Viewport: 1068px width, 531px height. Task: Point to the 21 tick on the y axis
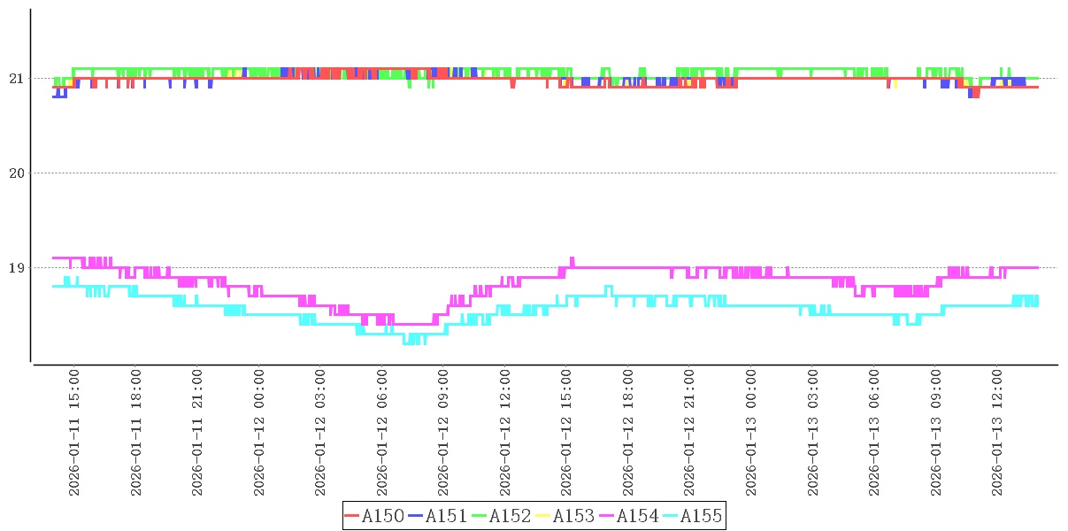point(15,79)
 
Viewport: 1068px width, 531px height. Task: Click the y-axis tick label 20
point(15,173)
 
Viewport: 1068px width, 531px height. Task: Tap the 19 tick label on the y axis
point(15,268)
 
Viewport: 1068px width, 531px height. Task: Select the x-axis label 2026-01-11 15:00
point(74,433)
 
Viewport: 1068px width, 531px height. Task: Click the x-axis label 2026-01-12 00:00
point(259,433)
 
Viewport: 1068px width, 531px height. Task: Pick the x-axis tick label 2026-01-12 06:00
point(382,433)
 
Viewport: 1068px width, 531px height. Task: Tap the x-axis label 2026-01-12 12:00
point(505,433)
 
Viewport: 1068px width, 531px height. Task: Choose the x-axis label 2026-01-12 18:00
point(628,433)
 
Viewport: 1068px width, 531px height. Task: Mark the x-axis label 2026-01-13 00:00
point(751,433)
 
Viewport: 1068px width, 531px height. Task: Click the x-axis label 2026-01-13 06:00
point(874,433)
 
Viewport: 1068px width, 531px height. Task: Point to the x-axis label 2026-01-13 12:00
point(997,433)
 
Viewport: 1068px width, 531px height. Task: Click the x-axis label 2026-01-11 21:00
point(197,433)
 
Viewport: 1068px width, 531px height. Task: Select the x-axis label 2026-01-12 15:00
point(566,433)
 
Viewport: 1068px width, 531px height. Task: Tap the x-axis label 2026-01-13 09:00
point(935,433)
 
